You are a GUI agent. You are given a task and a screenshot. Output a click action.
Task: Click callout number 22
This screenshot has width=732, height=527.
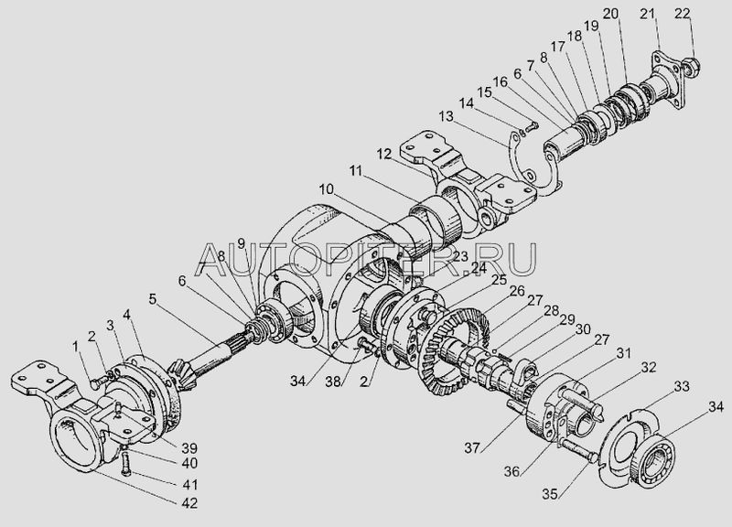[682, 14]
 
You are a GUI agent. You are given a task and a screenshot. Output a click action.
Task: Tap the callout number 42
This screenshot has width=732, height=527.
[188, 503]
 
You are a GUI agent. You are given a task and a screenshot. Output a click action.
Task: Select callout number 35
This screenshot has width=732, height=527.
[551, 494]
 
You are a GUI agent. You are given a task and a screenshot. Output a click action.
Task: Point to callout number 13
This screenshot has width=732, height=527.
[446, 116]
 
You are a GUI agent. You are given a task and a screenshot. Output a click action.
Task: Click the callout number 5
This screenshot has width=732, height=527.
[153, 299]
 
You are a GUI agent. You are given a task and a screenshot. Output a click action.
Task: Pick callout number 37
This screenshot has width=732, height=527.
[472, 448]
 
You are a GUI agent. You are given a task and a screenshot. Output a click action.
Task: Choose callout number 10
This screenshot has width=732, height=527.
[327, 189]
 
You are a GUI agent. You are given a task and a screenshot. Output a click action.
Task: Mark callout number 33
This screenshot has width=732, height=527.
[681, 386]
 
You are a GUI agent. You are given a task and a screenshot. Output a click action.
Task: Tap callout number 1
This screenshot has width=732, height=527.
[76, 347]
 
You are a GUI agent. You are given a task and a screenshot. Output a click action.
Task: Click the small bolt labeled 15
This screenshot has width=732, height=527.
[532, 125]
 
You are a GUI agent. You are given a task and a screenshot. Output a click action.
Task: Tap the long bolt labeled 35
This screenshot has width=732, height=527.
[576, 450]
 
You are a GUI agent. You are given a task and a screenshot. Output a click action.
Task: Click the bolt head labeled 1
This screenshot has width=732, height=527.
[94, 384]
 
